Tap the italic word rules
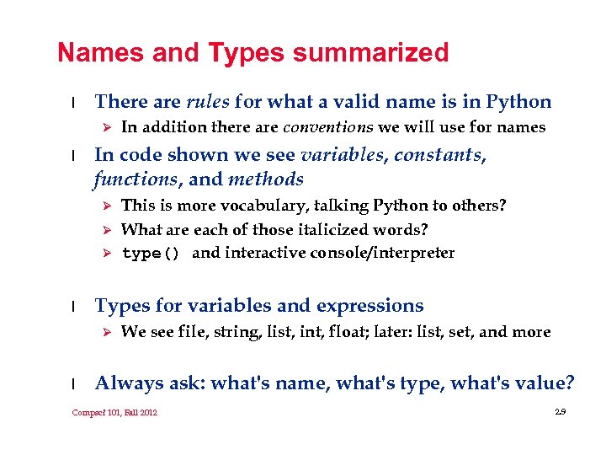[207, 103]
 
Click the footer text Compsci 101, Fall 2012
[114, 412]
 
